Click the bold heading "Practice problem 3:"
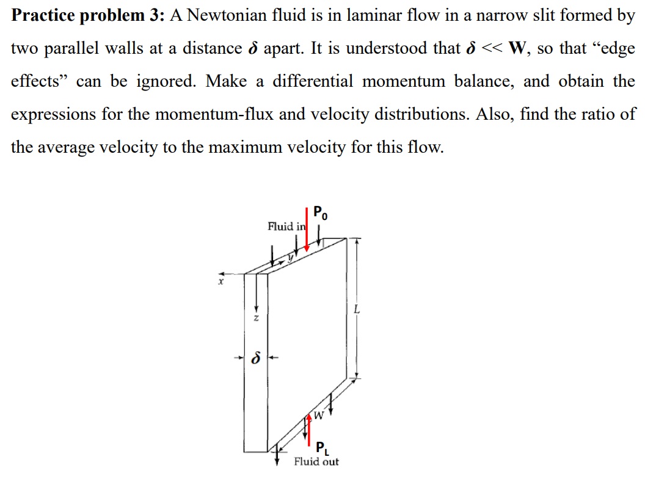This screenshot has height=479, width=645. click(x=86, y=16)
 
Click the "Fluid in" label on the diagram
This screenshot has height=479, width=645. click(x=286, y=227)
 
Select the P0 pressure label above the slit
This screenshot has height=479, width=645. click(x=320, y=214)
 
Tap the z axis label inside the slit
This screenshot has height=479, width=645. click(x=257, y=318)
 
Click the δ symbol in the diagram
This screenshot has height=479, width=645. click(x=255, y=359)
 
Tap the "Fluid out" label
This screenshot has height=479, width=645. click(x=316, y=462)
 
